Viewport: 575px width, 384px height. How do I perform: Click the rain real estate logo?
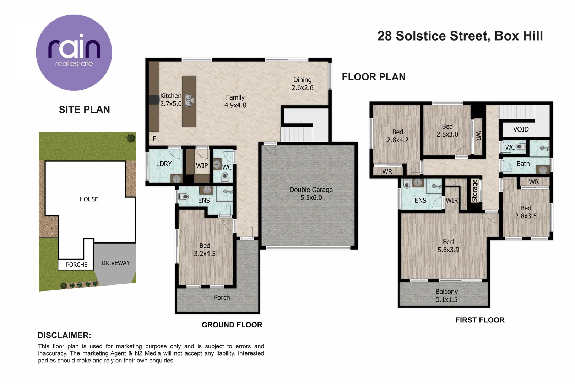[74, 53]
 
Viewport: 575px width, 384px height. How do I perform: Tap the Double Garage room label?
[311, 193]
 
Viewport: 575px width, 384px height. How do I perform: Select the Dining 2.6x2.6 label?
[302, 84]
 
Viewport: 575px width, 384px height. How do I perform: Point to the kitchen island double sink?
[189, 100]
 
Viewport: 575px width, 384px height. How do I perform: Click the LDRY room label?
[164, 164]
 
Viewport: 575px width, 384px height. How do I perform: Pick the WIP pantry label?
[202, 165]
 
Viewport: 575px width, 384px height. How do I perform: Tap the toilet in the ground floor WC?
[225, 177]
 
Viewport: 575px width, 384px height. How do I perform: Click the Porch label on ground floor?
[222, 297]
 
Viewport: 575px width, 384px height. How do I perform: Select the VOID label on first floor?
[521, 129]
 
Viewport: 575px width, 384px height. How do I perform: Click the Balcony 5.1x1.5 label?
[446, 295]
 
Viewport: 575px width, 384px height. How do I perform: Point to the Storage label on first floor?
[475, 191]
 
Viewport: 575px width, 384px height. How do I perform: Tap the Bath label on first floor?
[523, 164]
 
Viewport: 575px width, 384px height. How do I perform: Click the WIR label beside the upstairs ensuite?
[452, 200]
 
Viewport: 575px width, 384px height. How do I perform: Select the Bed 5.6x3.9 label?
[448, 246]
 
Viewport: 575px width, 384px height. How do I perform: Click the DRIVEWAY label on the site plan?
[115, 263]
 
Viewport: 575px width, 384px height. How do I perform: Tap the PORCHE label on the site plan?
[76, 265]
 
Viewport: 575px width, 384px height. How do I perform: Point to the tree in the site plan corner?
[131, 138]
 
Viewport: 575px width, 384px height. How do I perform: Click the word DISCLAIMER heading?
[64, 335]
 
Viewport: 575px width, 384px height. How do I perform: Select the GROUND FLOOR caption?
[232, 325]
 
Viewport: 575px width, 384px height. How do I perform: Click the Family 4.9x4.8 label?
[235, 101]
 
